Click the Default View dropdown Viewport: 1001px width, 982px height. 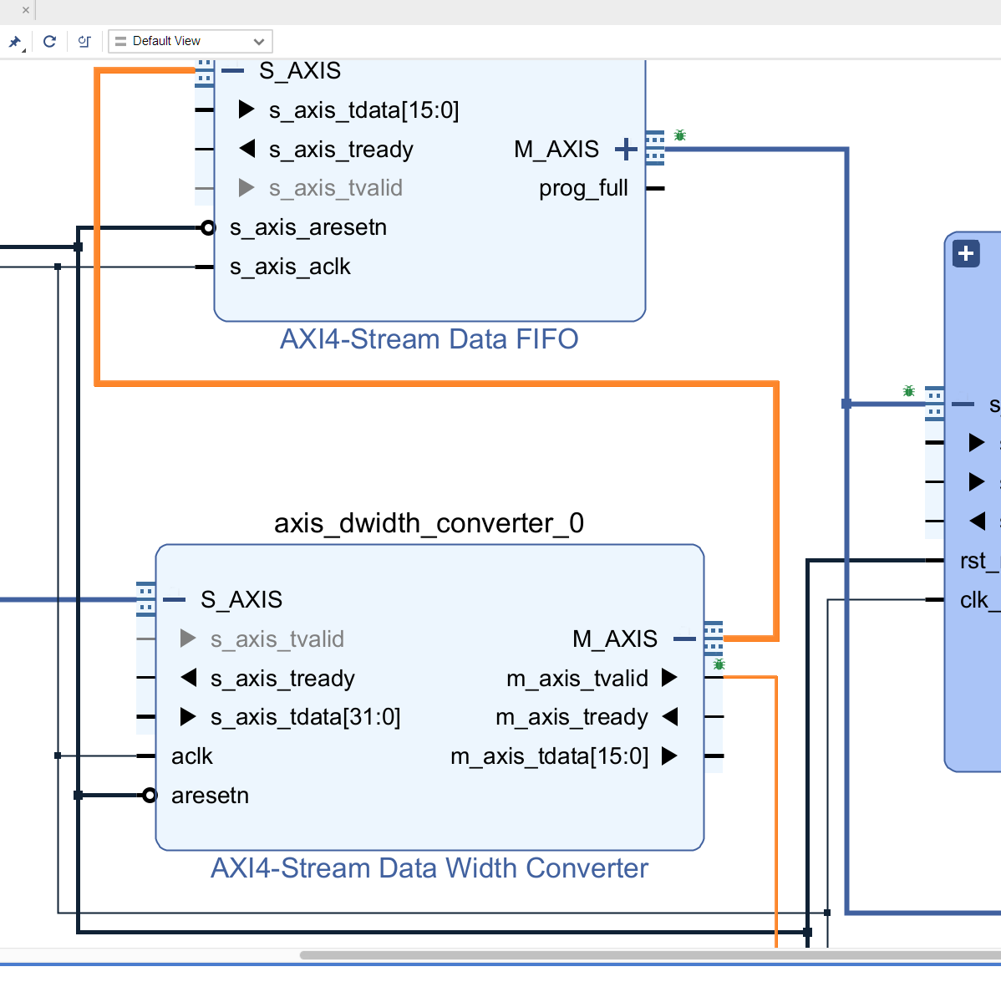tap(190, 41)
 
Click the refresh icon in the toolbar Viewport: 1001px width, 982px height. tap(49, 41)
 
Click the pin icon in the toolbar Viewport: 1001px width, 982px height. tap(15, 42)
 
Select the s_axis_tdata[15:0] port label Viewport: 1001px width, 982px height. tap(363, 110)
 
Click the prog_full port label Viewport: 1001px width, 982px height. tap(583, 188)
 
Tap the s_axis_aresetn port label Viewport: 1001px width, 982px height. tap(307, 227)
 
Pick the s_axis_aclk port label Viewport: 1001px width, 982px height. tap(290, 267)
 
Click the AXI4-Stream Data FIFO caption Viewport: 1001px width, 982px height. tap(429, 339)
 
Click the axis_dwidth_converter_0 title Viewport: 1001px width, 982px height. tap(429, 523)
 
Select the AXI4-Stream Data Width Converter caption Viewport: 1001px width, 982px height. tap(429, 868)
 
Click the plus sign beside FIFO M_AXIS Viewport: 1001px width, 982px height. tap(625, 150)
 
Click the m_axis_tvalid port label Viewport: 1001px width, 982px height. tap(577, 678)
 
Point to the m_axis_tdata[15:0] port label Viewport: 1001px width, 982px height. tap(549, 756)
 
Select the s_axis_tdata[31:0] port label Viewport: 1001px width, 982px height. tap(305, 717)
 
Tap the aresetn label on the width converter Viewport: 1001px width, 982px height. tap(210, 796)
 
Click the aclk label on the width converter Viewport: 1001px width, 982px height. tap(191, 756)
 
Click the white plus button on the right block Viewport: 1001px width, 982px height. tap(966, 253)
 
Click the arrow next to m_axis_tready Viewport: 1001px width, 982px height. tap(669, 717)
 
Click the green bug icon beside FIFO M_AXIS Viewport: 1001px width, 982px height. tap(680, 135)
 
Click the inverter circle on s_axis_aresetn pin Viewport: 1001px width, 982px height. tap(208, 227)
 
